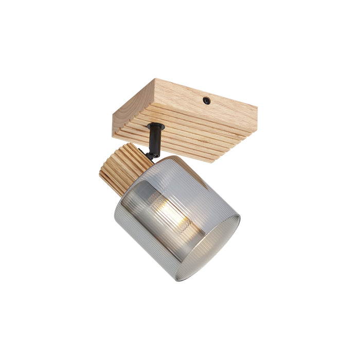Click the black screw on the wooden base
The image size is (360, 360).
(x=206, y=101)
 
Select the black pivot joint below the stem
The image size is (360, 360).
(x=151, y=153)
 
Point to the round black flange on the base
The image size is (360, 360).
(x=155, y=126)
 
